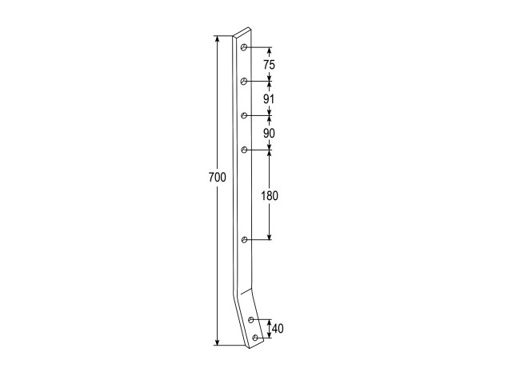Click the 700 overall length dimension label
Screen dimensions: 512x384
pos(217,178)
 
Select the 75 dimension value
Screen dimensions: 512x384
pos(270,65)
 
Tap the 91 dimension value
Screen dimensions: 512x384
pos(269,99)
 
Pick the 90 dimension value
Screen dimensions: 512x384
pos(269,134)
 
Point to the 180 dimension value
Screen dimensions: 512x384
pos(270,196)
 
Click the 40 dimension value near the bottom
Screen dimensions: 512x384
pos(278,329)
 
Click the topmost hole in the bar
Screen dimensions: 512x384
pos(243,48)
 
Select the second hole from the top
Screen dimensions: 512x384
pos(243,82)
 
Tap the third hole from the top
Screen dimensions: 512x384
pos(244,115)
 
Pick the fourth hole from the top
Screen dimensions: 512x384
pos(244,150)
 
